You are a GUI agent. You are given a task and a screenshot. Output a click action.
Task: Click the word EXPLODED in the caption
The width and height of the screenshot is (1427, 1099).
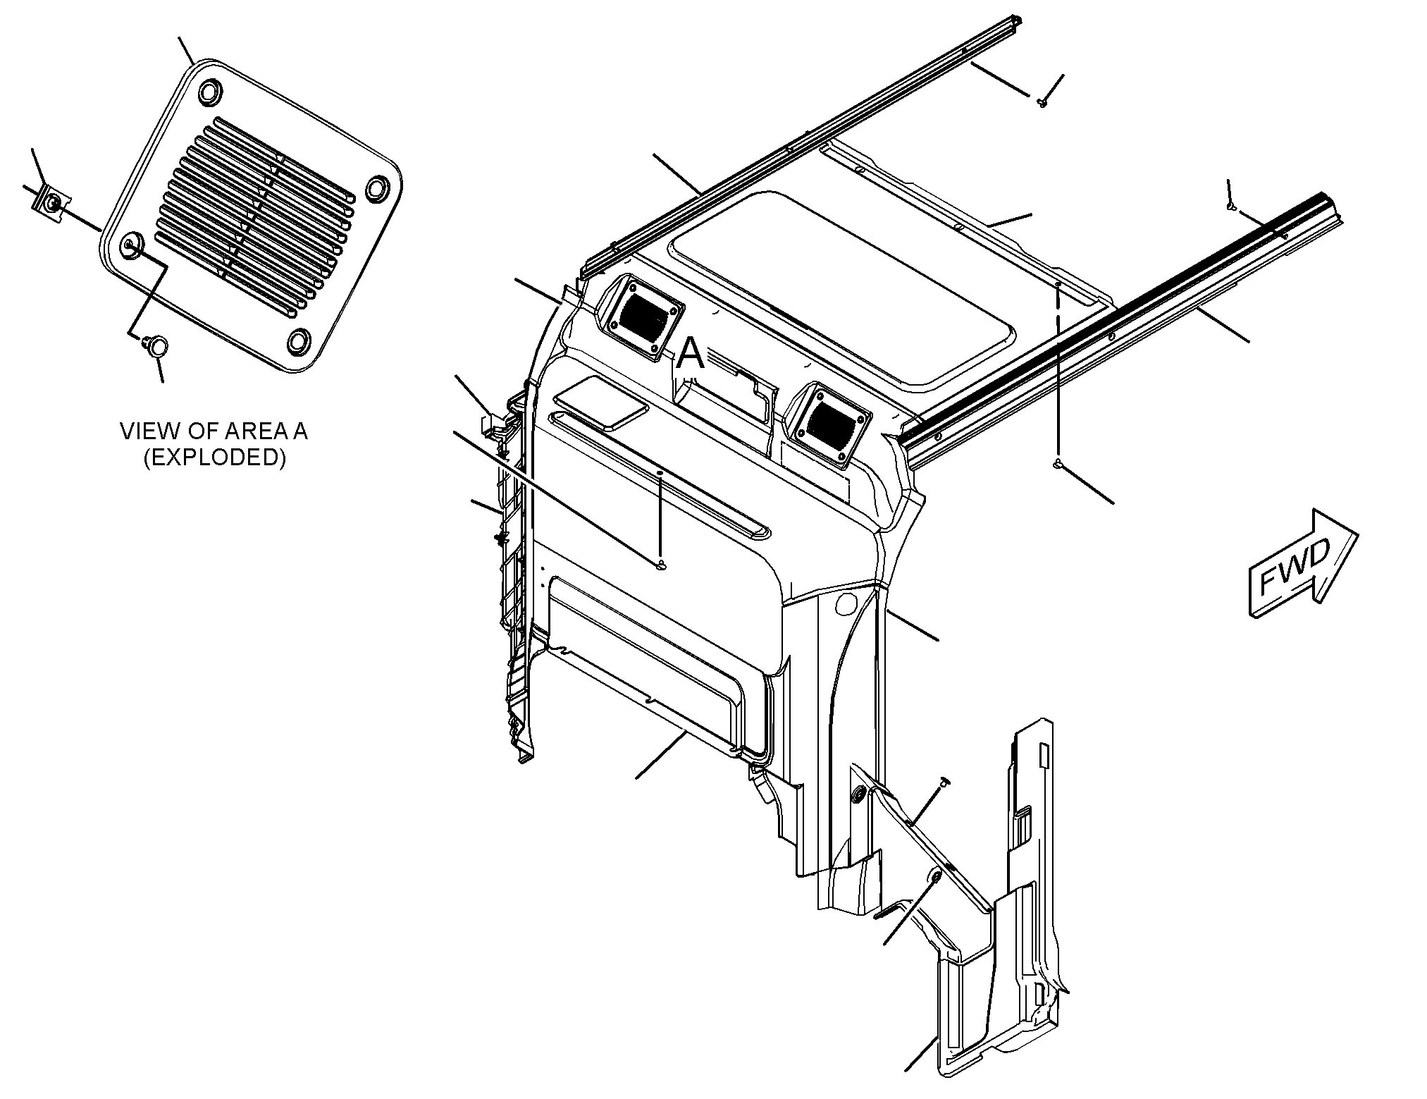coord(215,458)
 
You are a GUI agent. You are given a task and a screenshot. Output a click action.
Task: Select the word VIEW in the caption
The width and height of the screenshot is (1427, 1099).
coord(146,431)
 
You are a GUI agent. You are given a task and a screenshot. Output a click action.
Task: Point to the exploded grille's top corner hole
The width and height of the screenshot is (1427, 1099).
coord(209,92)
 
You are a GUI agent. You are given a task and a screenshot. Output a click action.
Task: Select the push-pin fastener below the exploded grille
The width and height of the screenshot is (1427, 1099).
coord(156,345)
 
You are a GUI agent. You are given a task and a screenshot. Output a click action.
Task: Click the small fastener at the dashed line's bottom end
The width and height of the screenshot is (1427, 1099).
coord(1058,463)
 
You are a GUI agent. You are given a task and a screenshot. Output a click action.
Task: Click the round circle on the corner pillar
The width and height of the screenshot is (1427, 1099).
coord(847,603)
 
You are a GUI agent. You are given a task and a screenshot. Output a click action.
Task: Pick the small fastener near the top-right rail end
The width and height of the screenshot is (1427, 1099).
coord(1230,207)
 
